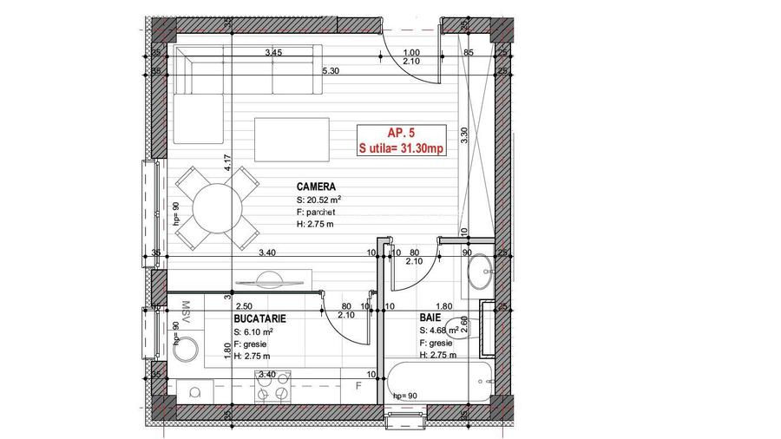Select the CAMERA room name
[316, 187]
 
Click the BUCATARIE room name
[259, 319]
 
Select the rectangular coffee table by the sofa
[292, 139]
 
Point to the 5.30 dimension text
[330, 71]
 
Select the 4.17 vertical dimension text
[226, 165]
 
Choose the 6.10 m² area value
[259, 331]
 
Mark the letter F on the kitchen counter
[357, 383]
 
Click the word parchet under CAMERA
[319, 212]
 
